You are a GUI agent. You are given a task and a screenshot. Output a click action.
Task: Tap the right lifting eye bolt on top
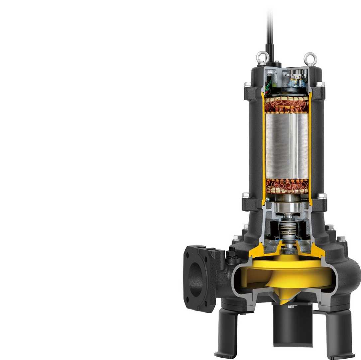(x=310, y=58)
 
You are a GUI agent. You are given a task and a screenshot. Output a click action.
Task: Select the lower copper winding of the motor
(x=287, y=186)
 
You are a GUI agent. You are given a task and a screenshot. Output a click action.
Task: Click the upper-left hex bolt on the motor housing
(x=247, y=84)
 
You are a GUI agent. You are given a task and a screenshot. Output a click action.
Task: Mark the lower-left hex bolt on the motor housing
(x=246, y=195)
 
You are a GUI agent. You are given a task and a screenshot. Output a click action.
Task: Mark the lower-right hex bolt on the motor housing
(x=321, y=196)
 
